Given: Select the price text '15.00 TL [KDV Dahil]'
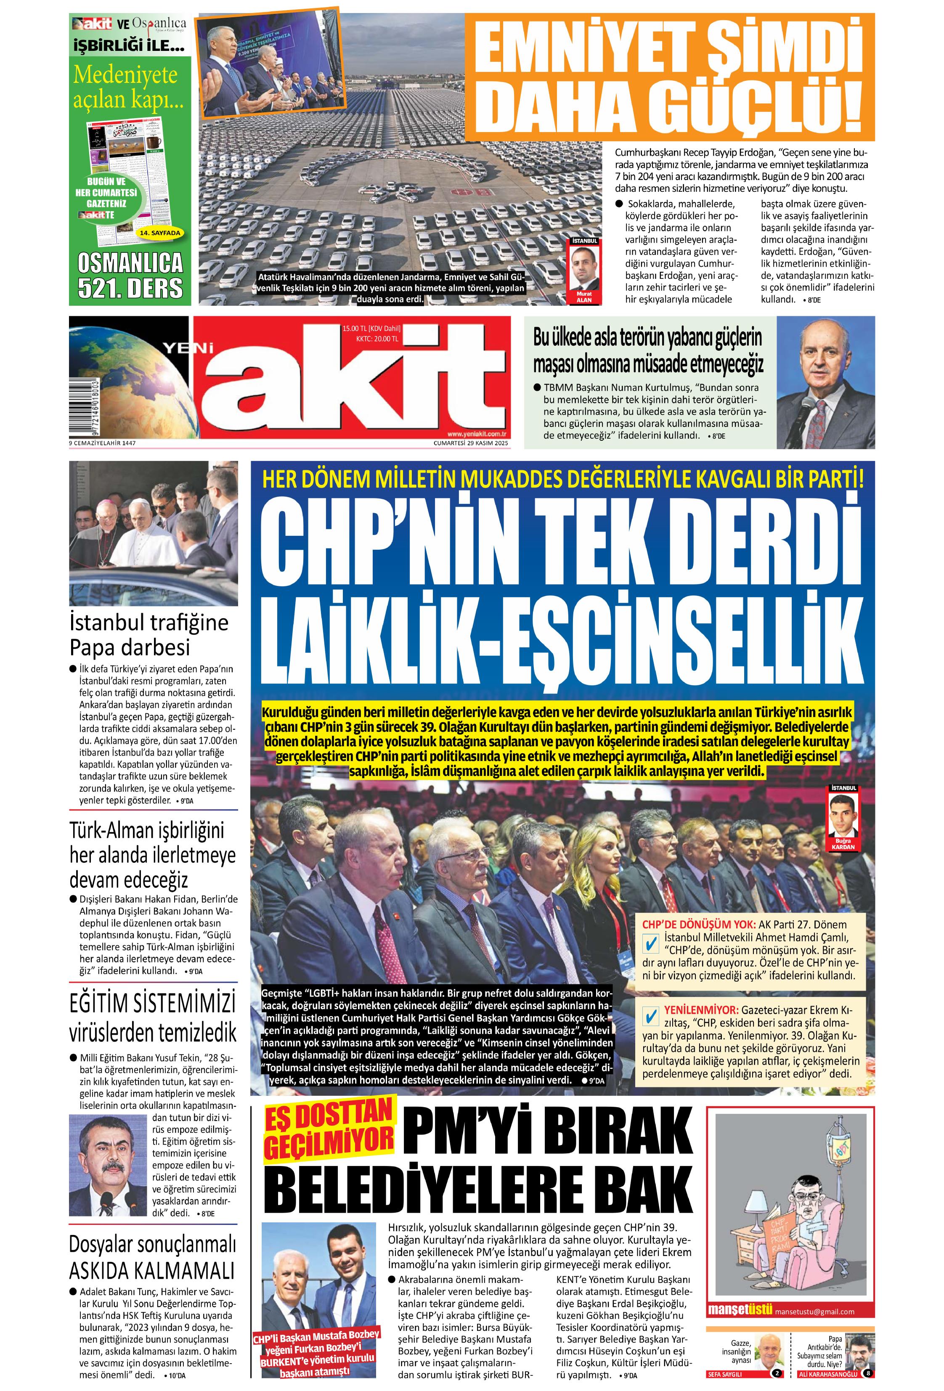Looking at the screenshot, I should (x=371, y=329).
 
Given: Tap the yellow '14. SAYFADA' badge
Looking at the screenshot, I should (x=159, y=233).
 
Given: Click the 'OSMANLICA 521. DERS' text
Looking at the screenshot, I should (x=130, y=276).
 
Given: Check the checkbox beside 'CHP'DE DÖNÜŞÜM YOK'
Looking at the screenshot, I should (x=650, y=944).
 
